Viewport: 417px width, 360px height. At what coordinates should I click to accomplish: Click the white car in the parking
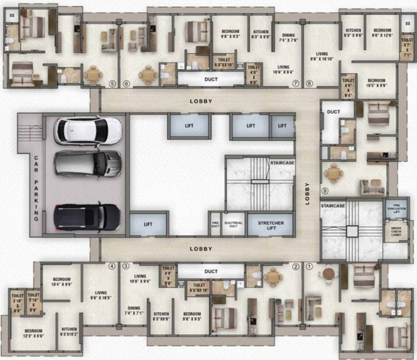point(88,131)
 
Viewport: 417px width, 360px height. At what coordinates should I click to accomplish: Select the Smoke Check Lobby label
point(396,231)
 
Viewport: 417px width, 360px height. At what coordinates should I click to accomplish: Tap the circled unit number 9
point(324,191)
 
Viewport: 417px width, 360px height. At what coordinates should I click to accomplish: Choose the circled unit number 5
point(112,84)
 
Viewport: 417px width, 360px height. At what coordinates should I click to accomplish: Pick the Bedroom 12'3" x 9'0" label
point(33,333)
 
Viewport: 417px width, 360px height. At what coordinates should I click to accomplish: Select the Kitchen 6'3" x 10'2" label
point(69,331)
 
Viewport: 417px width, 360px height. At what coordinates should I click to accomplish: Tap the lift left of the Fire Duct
point(148,225)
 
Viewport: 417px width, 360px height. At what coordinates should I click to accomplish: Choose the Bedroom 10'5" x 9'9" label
point(376,83)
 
